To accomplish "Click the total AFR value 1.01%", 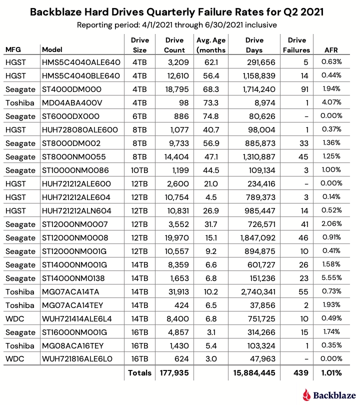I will [x=331, y=372].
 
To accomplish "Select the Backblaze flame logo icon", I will [x=307, y=395].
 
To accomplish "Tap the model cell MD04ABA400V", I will [x=72, y=102].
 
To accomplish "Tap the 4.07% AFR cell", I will [x=331, y=102].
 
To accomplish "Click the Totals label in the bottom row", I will [x=139, y=372].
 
